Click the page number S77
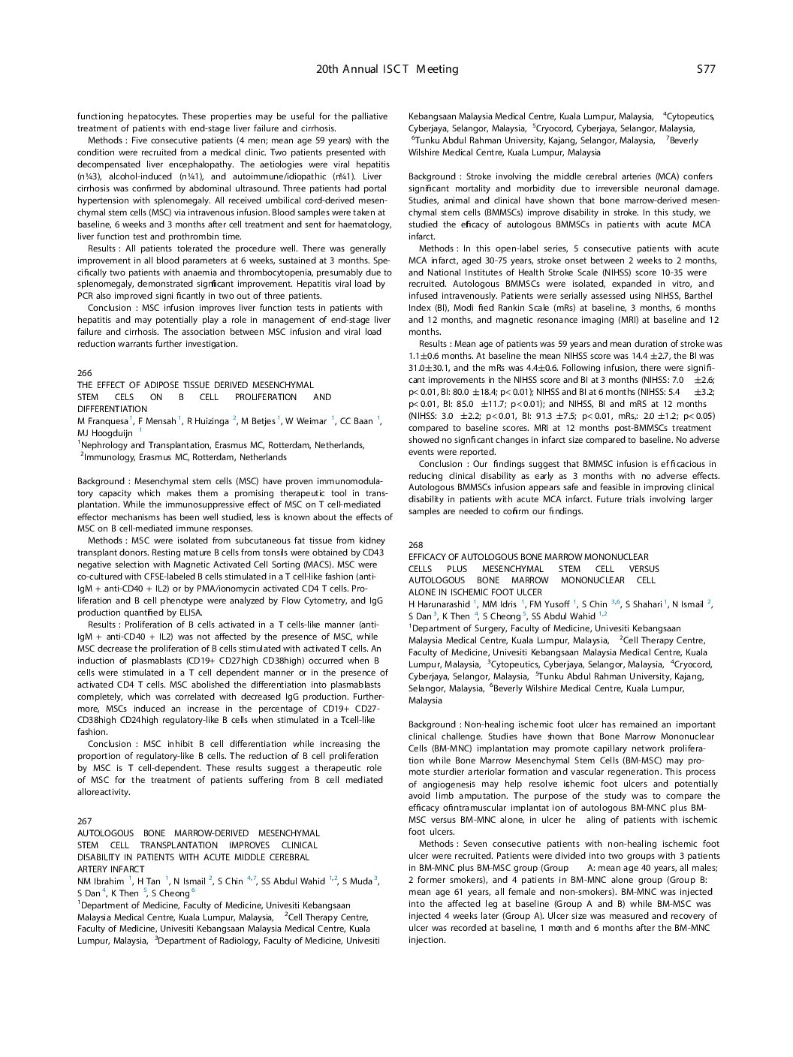pyautogui.click(x=705, y=69)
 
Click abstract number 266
pyautogui.click(x=84, y=372)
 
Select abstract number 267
pyautogui.click(x=84, y=821)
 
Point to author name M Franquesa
pyautogui.click(x=103, y=421)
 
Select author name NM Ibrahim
pyautogui.click(x=101, y=881)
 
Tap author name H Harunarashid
pyautogui.click(x=439, y=604)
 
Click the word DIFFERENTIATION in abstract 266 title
pyautogui.click(x=113, y=409)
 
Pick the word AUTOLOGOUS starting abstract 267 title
pyautogui.click(x=105, y=833)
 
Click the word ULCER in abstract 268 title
pyautogui.click(x=529, y=592)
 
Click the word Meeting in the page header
pyautogui.click(x=437, y=69)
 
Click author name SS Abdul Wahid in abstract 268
pyautogui.click(x=562, y=616)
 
